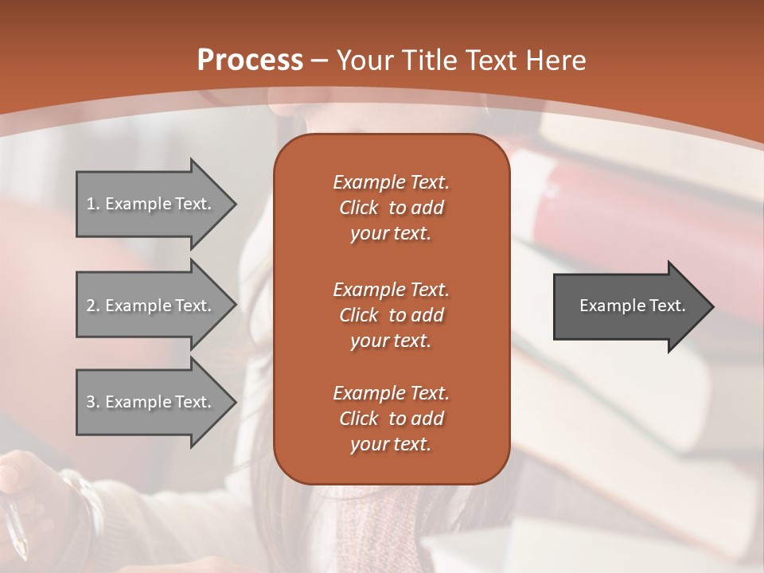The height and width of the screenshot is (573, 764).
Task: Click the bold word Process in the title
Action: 250,60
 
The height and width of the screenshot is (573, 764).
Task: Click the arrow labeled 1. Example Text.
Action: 151,204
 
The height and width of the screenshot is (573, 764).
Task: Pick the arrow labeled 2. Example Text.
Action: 151,306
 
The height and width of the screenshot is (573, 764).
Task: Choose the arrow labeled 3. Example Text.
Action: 151,402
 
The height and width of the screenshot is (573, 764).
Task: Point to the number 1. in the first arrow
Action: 92,204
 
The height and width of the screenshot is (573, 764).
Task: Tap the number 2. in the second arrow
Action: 92,306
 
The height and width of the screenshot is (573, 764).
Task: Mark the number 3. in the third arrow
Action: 92,402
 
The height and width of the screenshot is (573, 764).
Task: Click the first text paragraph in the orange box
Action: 391,208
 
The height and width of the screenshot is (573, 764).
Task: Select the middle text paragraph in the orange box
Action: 391,315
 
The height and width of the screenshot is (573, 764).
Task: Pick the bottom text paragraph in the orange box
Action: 391,419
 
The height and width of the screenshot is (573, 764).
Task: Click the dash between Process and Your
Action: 320,60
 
